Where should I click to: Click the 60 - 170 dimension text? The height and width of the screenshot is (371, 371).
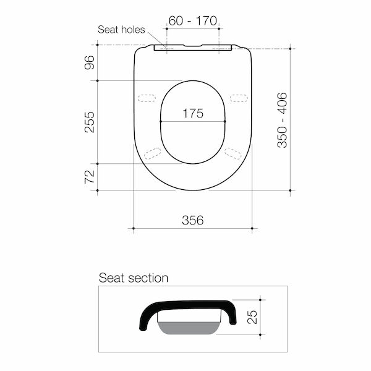192,20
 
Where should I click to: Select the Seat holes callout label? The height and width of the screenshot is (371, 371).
121,30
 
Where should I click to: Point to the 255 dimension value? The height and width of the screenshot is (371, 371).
90,122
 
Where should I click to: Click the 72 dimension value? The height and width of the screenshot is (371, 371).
90,177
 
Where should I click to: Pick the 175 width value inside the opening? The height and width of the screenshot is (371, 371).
193,114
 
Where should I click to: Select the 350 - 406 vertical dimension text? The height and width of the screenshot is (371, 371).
281,119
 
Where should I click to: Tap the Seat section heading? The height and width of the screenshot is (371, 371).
134,278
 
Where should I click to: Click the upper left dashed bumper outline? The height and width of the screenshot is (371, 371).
148,97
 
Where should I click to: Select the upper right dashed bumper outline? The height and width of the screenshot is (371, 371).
238,97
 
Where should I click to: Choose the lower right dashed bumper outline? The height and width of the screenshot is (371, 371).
234,153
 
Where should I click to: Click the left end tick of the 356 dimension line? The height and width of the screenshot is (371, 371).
134,229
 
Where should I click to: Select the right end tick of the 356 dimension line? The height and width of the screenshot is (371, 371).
252,229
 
